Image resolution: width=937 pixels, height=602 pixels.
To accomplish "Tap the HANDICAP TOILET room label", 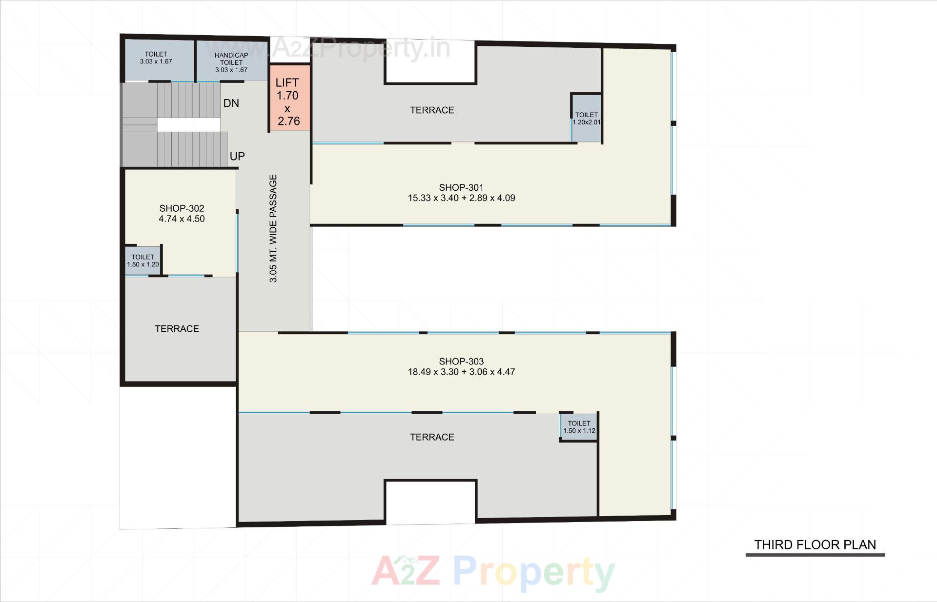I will (231, 59).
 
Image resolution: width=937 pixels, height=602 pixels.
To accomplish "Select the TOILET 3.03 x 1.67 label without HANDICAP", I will (156, 58).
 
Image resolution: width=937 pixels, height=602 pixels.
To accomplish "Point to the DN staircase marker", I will (231, 103).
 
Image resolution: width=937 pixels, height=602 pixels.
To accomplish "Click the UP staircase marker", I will (237, 157).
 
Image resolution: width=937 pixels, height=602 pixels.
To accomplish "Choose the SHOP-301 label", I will (461, 187).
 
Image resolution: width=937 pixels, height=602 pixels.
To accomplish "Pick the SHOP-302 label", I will (182, 208).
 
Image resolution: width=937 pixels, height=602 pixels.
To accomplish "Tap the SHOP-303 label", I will (461, 361).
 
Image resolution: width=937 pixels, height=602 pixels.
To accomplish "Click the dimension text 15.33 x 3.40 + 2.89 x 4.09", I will (461, 198).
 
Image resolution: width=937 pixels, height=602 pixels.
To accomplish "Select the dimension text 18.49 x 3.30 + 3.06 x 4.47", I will (461, 372).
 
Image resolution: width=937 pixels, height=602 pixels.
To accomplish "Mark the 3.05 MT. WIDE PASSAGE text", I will (273, 228).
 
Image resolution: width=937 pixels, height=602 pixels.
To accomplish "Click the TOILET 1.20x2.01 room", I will (587, 119).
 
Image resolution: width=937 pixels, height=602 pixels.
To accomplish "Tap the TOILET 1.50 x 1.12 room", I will (579, 427).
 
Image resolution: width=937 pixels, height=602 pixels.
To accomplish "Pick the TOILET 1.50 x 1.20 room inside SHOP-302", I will (143, 261).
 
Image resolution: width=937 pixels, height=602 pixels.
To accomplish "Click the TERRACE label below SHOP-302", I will (177, 329).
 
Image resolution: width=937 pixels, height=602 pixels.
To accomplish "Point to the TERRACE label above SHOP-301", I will (432, 110).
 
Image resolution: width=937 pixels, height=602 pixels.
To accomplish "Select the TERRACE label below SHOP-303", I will (432, 437).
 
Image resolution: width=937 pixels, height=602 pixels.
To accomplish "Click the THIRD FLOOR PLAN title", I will (815, 544).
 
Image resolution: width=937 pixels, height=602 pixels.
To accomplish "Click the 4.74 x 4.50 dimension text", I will (182, 219).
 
